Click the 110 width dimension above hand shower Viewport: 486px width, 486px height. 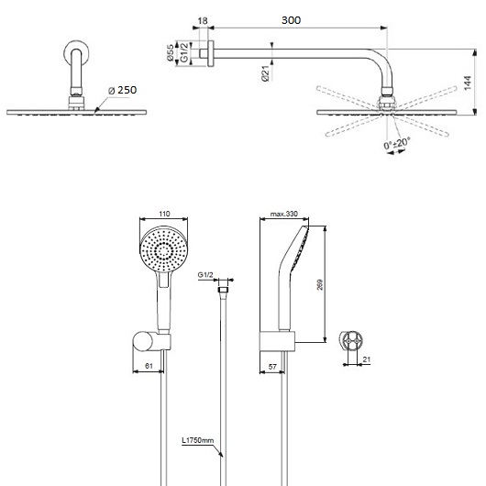coord(165,214)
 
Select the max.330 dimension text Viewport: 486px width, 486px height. coord(282,214)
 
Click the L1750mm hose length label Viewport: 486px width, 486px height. coord(196,441)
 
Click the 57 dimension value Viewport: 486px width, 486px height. coord(273,366)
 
